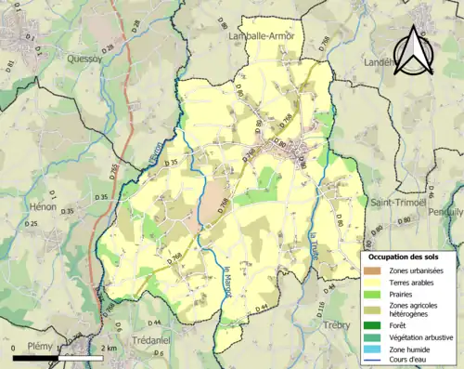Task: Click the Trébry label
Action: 337,325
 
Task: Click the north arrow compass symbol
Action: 416,52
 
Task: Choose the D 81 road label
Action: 11,65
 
